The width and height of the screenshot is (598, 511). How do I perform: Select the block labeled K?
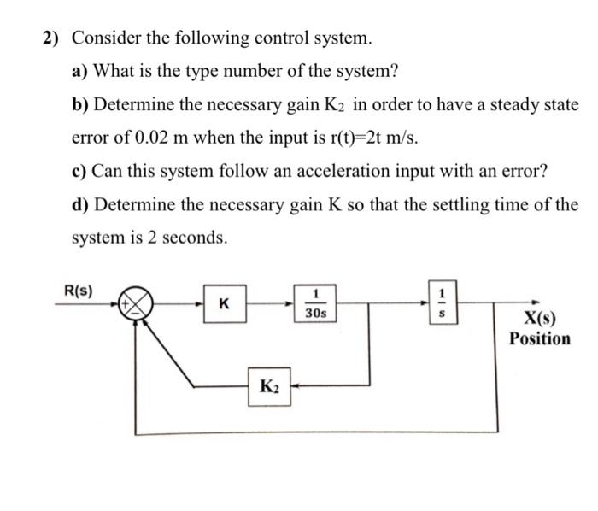point(225,303)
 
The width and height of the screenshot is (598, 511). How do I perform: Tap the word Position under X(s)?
point(539,339)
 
